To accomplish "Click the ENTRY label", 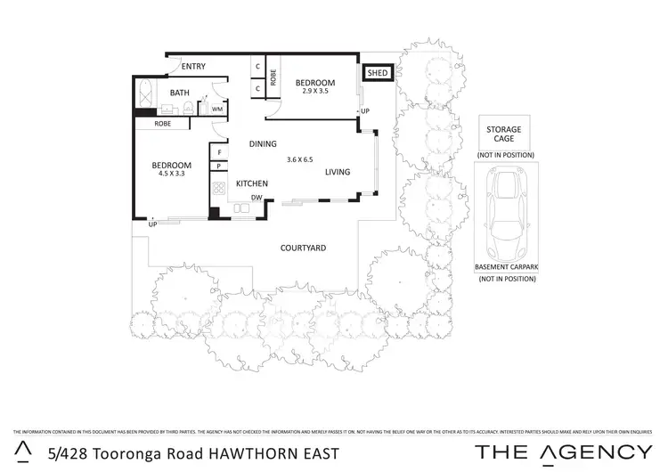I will [193, 67].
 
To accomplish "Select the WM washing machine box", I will [216, 109].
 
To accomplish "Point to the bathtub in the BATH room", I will [145, 93].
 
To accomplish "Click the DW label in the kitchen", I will [256, 198].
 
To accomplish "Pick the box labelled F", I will [217, 152].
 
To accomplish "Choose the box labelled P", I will [217, 166].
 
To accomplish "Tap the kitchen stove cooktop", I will [218, 189].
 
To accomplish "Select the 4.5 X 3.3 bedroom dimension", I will [170, 175].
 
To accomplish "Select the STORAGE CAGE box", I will [503, 134].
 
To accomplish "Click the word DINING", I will [263, 143].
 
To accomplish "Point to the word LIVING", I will [337, 172].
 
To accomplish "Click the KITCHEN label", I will [252, 183].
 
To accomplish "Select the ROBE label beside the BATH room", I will [162, 124].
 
